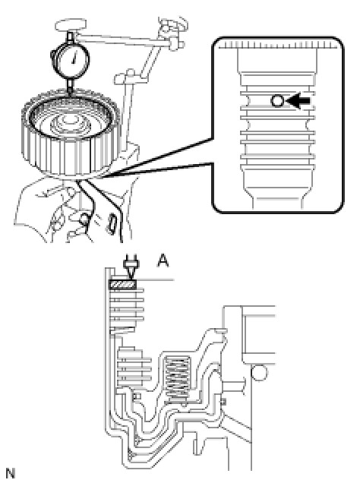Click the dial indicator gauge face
[73, 58]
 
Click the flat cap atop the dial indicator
[71, 25]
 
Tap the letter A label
[163, 261]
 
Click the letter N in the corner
[10, 473]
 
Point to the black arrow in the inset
[298, 100]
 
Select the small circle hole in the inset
[277, 101]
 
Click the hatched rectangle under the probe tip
[122, 284]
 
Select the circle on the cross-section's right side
[259, 373]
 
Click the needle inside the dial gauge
[74, 58]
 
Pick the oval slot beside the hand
[112, 224]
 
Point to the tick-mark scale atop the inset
[278, 46]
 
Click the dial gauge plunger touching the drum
[71, 86]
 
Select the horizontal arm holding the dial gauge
[122, 40]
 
